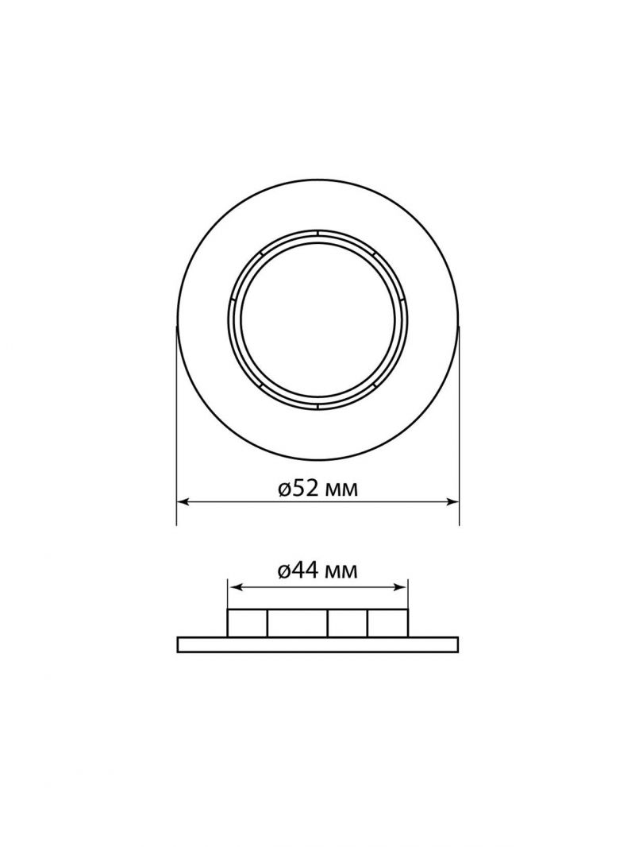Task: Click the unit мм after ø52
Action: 338,491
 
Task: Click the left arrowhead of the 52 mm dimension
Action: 183,502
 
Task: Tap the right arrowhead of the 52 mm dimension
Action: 453,502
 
